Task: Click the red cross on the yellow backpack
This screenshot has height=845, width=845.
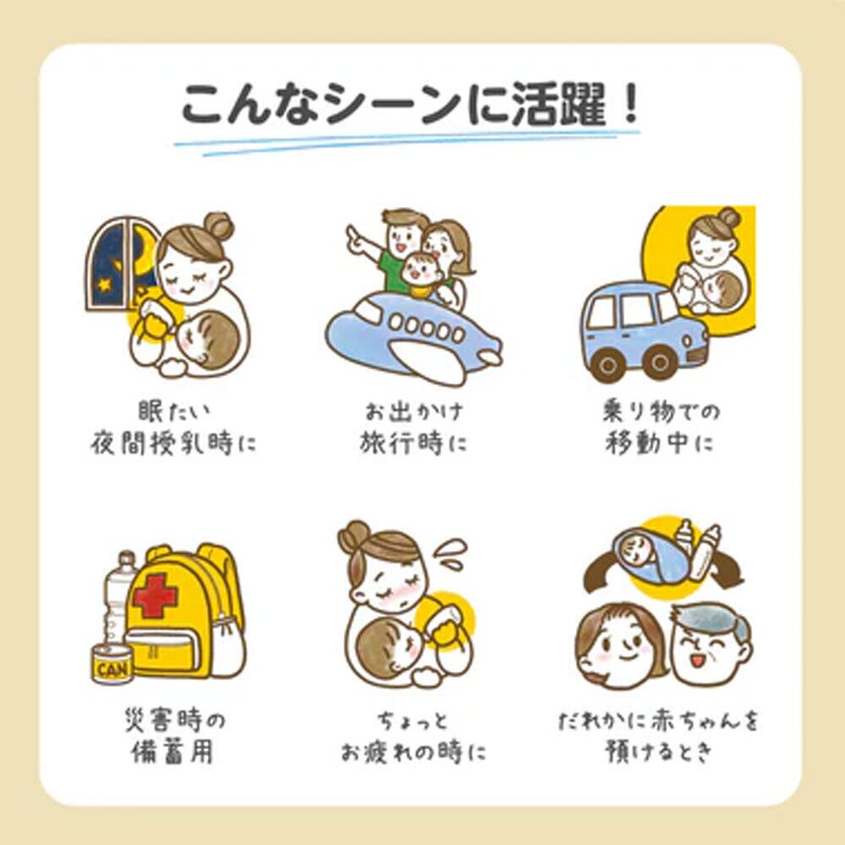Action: [155, 595]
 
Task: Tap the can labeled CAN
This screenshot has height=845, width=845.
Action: [112, 664]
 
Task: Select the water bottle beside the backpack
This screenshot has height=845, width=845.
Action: [120, 597]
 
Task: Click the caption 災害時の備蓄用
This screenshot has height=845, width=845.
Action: [173, 736]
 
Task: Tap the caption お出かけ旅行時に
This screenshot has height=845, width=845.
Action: [413, 428]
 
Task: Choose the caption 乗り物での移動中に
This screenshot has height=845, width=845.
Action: [661, 428]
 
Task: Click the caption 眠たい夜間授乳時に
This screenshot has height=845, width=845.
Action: [173, 428]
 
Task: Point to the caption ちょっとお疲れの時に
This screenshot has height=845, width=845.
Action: [413, 736]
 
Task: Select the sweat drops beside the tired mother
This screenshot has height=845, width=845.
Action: [451, 553]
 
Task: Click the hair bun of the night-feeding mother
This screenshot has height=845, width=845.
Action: [218, 226]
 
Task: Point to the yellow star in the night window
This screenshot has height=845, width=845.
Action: [102, 283]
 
